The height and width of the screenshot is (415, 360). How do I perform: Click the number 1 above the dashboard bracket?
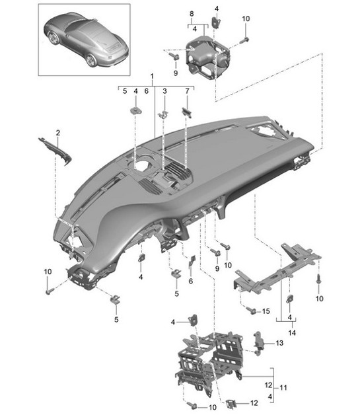tap(152, 76)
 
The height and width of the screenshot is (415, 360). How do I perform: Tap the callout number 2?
tap(58, 133)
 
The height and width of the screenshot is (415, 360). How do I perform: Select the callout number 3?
tap(164, 91)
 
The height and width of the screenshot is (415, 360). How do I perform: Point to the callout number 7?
tap(188, 91)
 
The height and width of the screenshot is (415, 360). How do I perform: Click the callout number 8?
tap(192, 14)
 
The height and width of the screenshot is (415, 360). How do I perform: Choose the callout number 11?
tap(283, 388)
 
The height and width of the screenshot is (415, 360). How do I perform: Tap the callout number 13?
tap(279, 343)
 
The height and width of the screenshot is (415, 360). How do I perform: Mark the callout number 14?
tap(292, 332)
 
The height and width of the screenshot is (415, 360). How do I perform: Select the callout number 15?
tap(266, 311)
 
